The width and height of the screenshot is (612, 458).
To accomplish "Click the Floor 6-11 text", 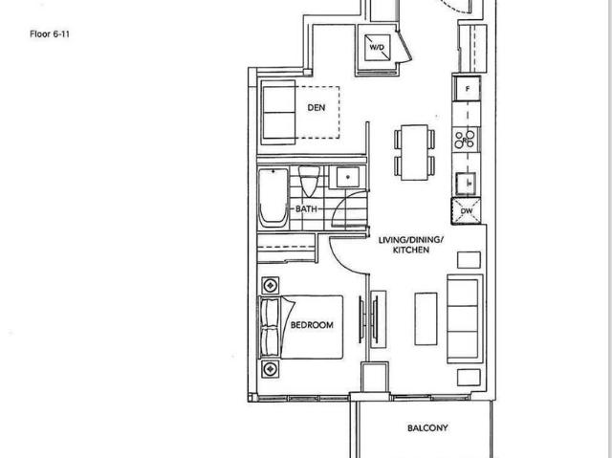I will click(50, 33).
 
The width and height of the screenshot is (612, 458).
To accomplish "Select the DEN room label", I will click(316, 107).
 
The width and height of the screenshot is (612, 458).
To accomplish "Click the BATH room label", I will click(306, 207).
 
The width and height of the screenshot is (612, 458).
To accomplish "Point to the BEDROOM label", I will click(312, 325).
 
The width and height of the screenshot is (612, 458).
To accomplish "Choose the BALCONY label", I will click(426, 428).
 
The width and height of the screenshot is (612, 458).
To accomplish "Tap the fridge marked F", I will click(467, 89).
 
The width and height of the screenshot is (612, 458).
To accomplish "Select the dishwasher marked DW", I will click(467, 212).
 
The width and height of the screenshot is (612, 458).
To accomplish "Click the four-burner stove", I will click(467, 140).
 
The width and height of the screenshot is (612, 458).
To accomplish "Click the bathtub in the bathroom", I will click(273, 197).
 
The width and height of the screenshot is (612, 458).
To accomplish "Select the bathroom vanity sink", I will click(344, 177).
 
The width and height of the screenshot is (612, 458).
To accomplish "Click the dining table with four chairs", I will click(414, 150).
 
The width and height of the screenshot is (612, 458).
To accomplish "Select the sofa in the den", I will click(279, 112).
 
